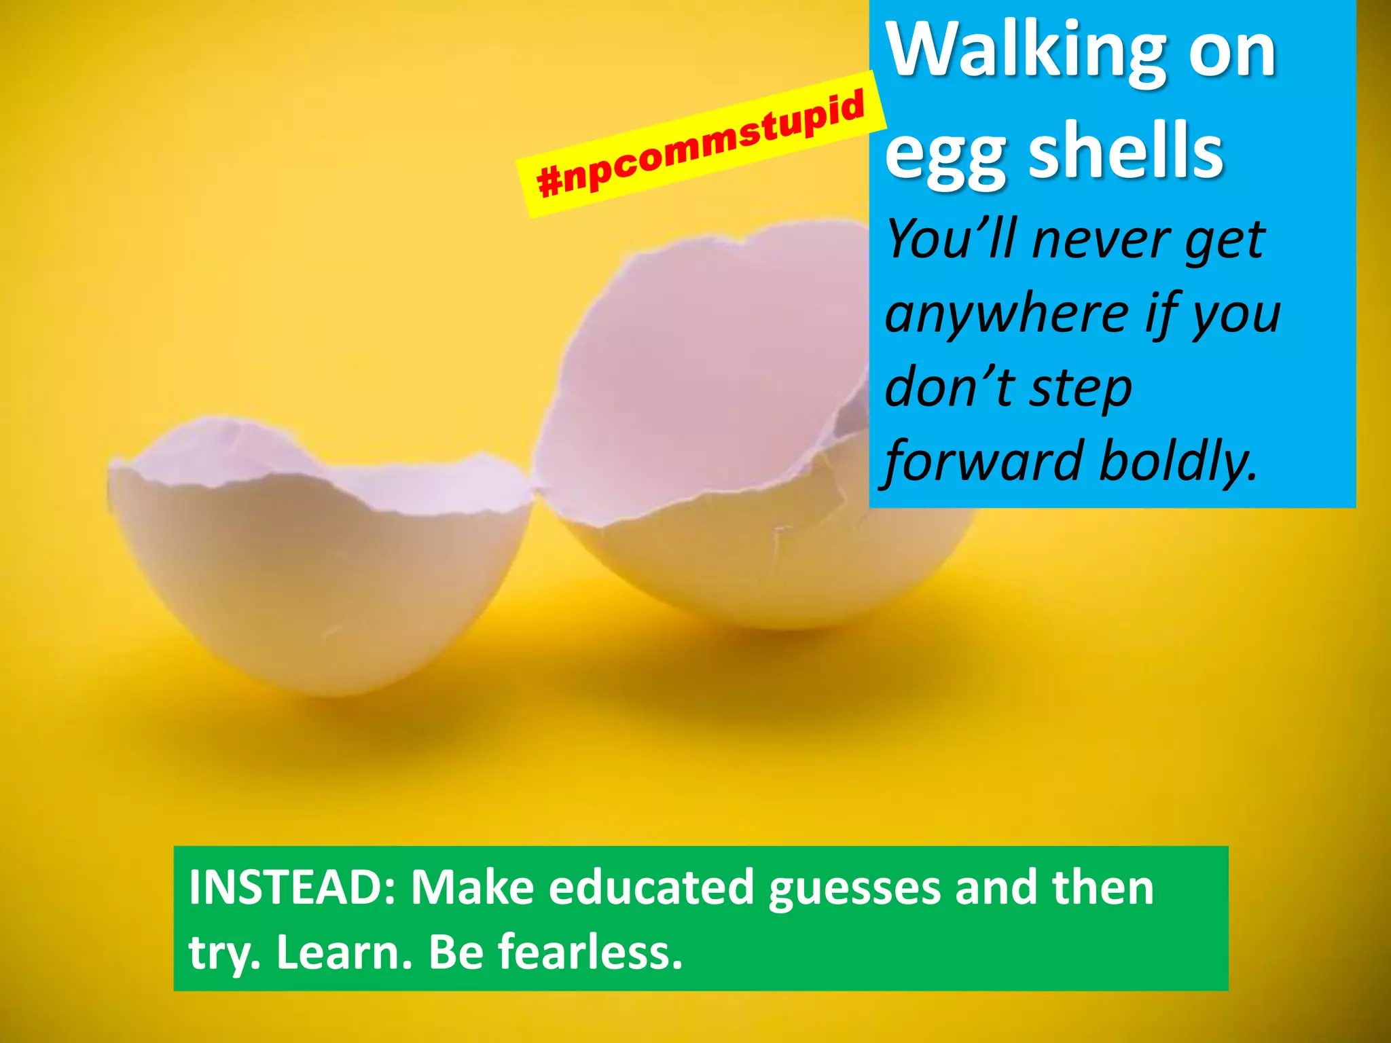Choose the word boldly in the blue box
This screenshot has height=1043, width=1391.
point(1178,461)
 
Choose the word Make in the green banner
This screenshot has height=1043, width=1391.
point(473,887)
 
